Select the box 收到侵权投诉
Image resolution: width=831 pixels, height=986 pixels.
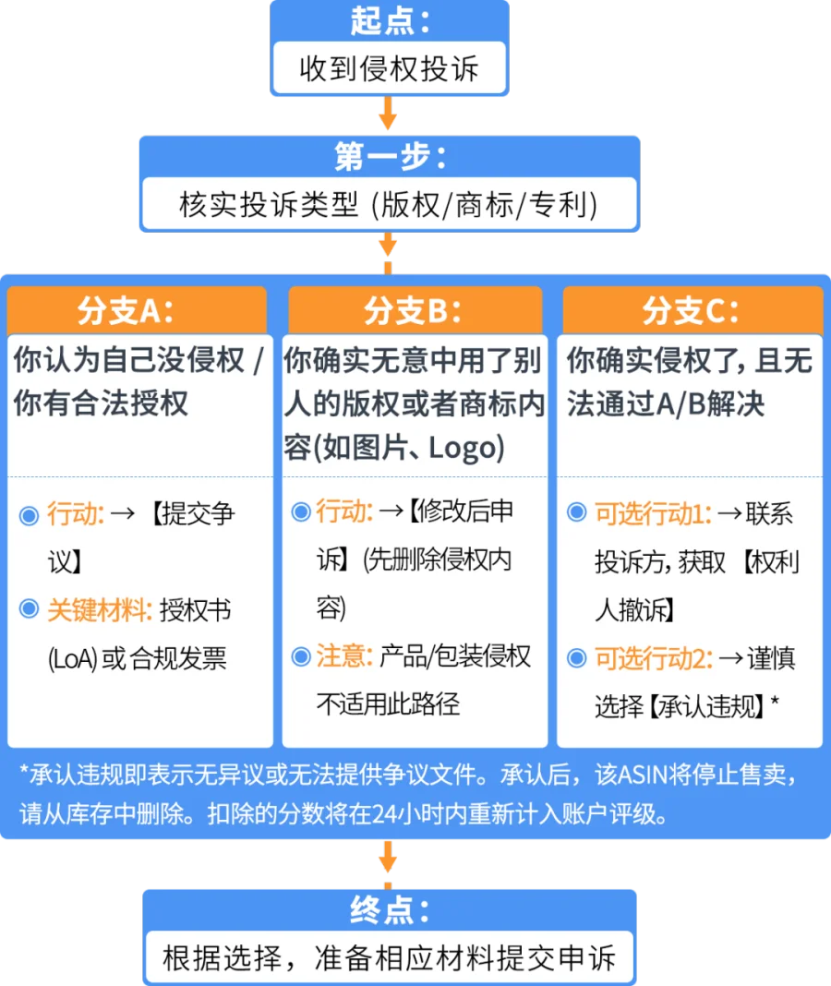point(389,69)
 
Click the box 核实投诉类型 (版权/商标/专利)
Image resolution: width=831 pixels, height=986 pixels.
point(389,204)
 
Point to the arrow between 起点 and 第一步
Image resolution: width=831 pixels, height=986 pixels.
point(388,116)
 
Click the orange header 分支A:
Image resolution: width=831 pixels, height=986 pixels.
point(138,311)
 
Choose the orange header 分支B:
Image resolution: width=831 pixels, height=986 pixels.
point(415,311)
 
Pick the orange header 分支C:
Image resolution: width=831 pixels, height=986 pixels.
point(691,311)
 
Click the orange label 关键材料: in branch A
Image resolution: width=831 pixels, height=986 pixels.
point(100,610)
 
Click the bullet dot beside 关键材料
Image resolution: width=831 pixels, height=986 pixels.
point(29,610)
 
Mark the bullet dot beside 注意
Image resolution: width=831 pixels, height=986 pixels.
point(300,656)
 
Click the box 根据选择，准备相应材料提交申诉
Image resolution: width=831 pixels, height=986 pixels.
point(389,957)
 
